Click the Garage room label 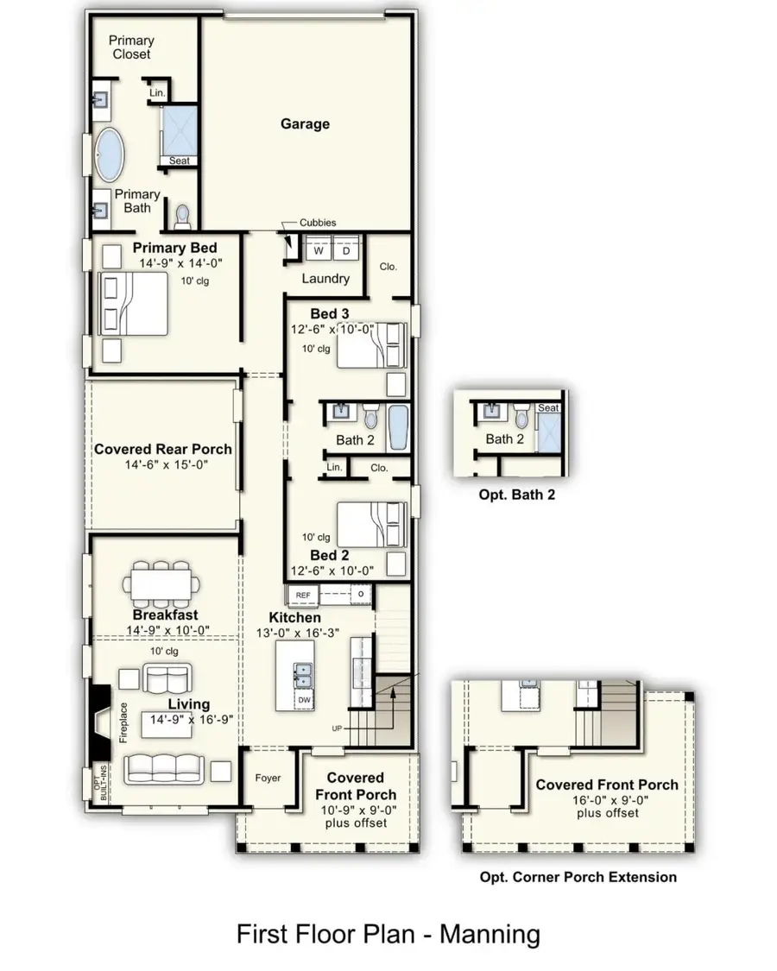305,124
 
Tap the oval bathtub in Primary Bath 110,154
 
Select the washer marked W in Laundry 318,250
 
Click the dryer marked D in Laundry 345,250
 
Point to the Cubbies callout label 318,223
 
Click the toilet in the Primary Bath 182,212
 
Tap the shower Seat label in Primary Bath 179,161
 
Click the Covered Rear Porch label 162,449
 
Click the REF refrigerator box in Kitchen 303,596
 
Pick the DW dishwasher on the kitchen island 304,698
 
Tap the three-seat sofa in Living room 167,768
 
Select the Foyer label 268,778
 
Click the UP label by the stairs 337,728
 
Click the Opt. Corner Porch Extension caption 578,877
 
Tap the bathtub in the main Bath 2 396,428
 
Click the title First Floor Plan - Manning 388,934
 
